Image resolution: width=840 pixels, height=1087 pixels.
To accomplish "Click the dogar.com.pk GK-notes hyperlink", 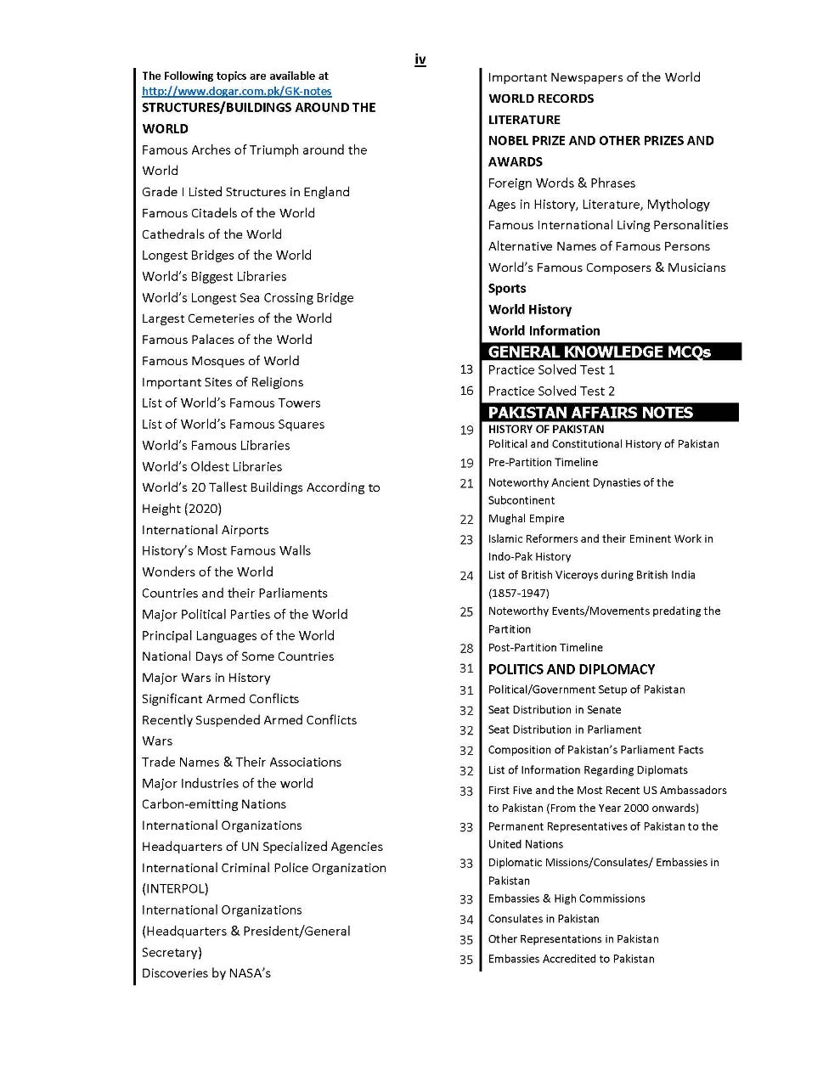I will tap(236, 91).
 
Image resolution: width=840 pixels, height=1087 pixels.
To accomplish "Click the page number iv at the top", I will tap(420, 59).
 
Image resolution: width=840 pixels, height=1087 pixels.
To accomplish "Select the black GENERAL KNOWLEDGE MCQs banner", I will tap(611, 352).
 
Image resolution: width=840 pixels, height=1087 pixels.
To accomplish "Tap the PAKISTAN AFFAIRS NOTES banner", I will tap(610, 413).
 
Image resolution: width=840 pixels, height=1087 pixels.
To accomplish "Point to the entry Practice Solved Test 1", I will tap(551, 370).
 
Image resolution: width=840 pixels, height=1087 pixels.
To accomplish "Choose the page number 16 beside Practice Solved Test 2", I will tap(466, 391).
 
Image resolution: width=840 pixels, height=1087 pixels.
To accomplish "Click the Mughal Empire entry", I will tap(526, 519).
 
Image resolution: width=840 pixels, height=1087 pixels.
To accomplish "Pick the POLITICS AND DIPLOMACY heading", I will tap(571, 669).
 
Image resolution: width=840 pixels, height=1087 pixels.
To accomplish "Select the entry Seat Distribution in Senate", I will tap(554, 710).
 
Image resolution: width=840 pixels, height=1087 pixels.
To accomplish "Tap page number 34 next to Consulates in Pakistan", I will tap(466, 920).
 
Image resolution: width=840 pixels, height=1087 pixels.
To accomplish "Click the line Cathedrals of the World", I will tap(211, 234).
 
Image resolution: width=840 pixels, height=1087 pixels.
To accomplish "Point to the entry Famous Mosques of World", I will tap(220, 361).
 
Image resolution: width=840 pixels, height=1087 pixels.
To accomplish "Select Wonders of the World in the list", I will tap(207, 572).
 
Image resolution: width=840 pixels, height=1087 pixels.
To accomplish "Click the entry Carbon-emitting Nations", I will tap(213, 804).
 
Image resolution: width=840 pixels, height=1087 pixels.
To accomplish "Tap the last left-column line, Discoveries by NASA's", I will tap(206, 973).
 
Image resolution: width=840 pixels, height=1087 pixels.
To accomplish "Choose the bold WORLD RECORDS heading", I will tap(541, 99).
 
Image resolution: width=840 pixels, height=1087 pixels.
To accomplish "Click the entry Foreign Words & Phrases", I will tap(561, 183).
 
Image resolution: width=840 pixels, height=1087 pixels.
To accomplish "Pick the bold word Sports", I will tap(507, 289).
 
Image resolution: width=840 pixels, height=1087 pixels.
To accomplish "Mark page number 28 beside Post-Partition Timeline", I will tap(466, 649).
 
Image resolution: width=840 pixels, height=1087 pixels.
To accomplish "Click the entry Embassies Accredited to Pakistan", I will tap(571, 960).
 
